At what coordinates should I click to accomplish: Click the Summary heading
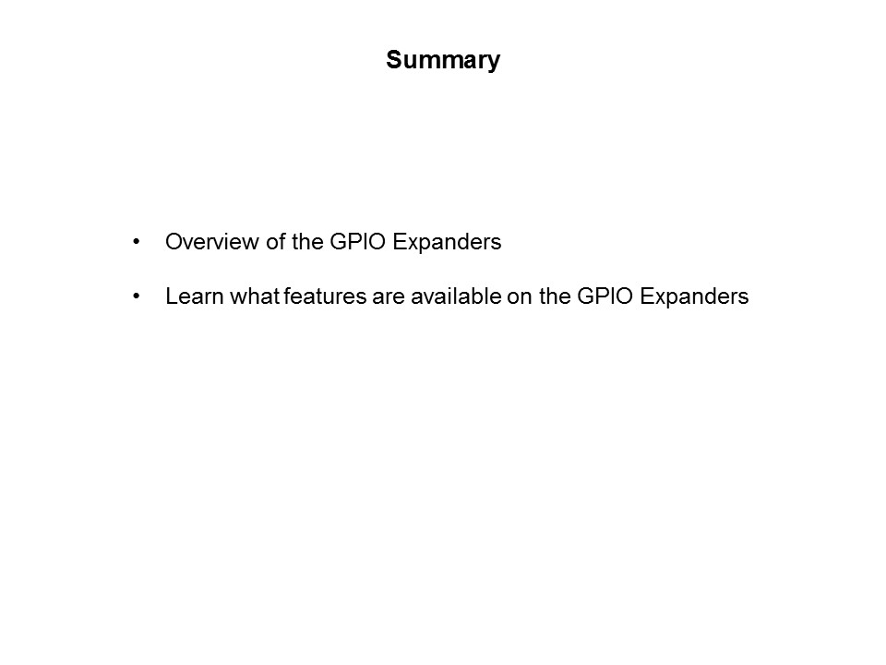pos(443,61)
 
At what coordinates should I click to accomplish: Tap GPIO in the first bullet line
pos(351,243)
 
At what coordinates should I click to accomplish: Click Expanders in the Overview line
pos(447,243)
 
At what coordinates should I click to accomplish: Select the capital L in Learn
pos(171,297)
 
